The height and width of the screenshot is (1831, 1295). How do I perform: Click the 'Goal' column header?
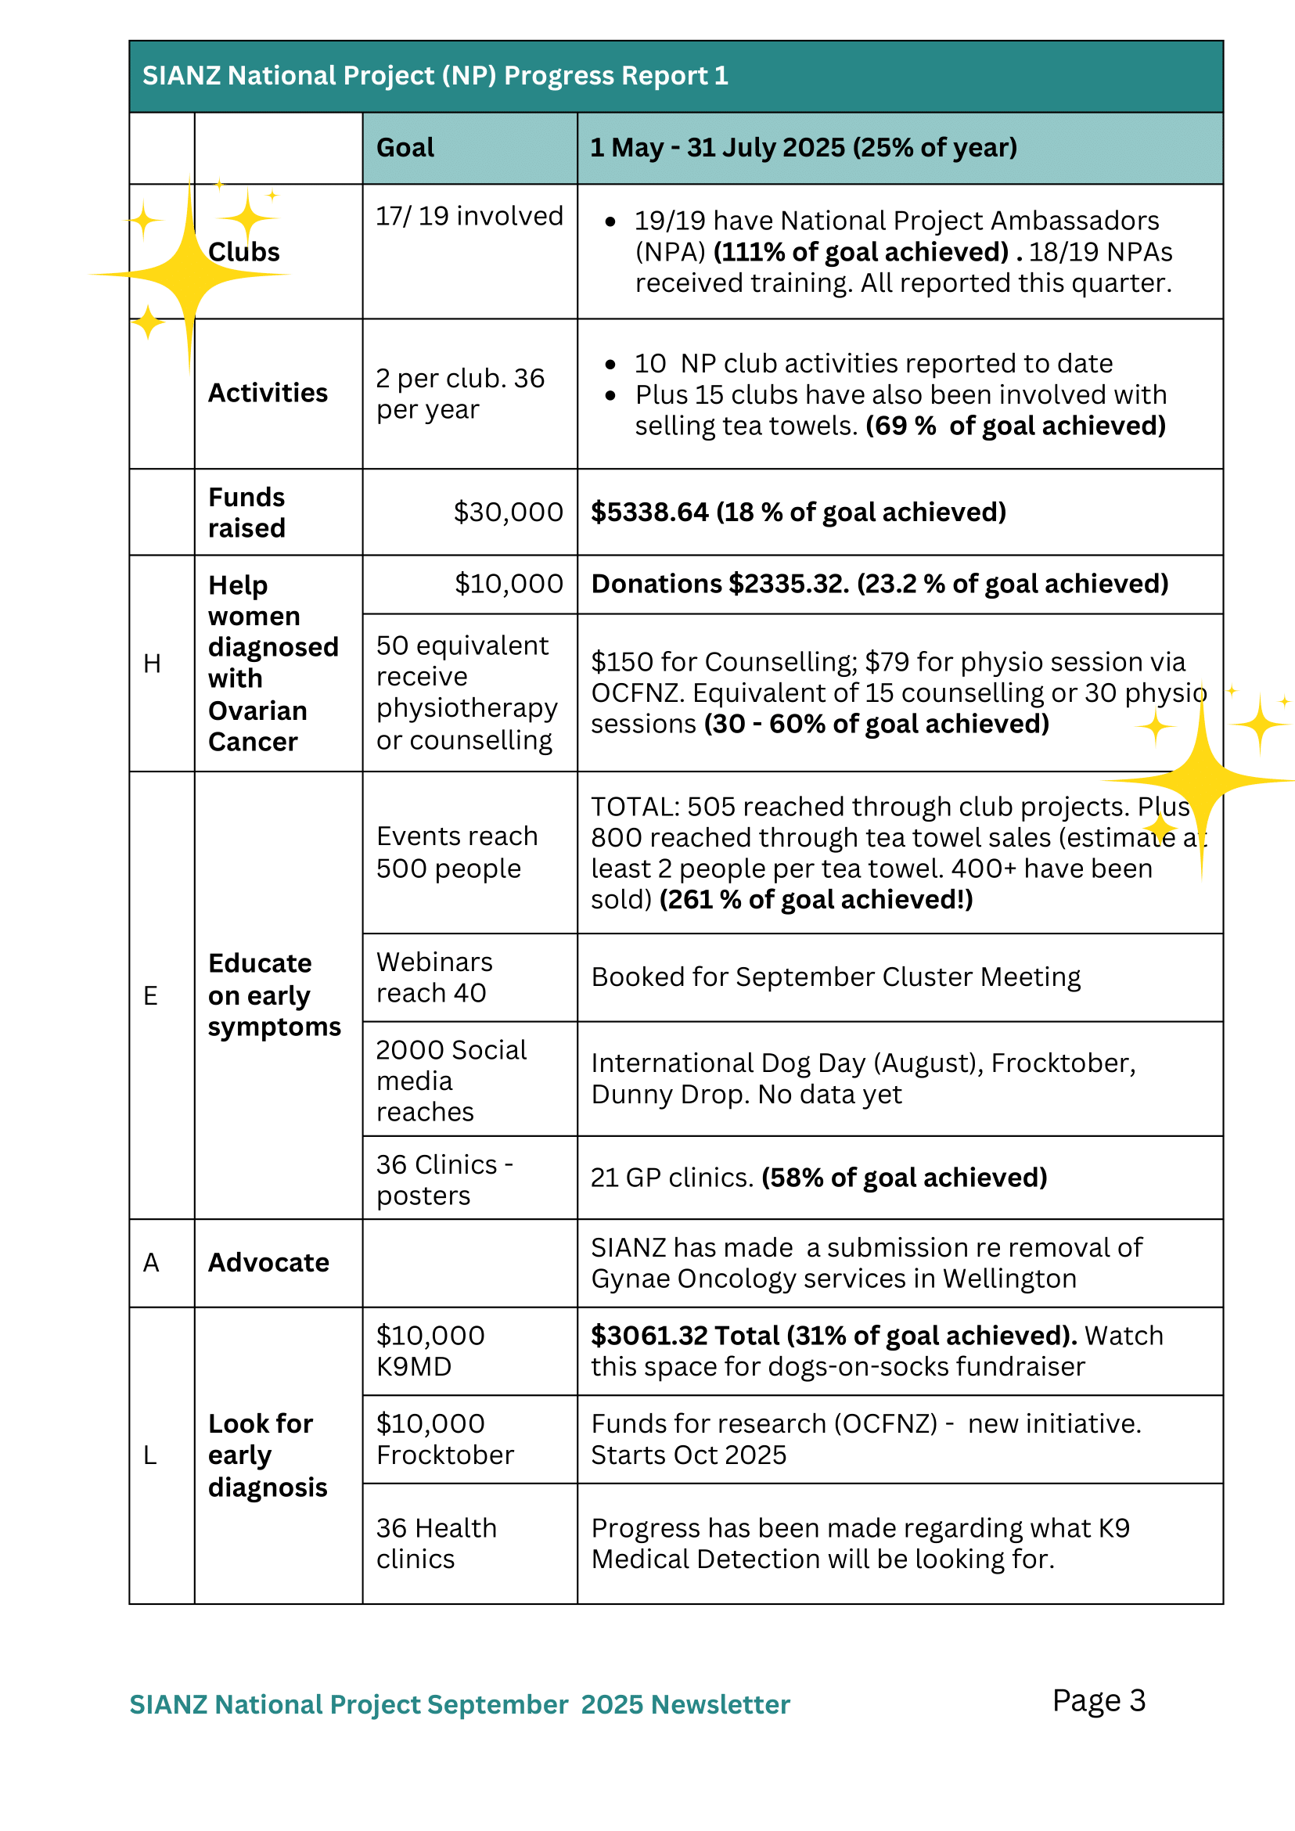tap(405, 148)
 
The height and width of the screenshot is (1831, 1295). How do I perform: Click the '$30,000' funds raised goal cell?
tap(508, 512)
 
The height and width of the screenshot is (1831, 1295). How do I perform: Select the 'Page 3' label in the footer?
tap(1098, 1700)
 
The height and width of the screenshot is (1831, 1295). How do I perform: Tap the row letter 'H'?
tap(152, 664)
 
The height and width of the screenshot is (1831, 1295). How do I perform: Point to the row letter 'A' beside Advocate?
tap(151, 1262)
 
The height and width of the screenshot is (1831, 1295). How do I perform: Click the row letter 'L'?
tap(150, 1455)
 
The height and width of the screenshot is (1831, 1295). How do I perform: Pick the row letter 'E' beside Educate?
tap(150, 995)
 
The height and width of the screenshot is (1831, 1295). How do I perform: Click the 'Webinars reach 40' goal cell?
tap(434, 977)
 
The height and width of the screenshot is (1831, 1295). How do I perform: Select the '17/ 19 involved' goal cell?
tap(469, 216)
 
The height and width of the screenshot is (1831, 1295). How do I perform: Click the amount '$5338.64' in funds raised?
tap(649, 512)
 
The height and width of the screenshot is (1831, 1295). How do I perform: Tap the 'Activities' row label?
tap(268, 393)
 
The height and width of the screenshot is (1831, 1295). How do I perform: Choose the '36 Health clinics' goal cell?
tap(436, 1543)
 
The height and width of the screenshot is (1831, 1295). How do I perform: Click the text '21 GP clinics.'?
tap(672, 1177)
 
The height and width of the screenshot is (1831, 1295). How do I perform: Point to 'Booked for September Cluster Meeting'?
tap(836, 977)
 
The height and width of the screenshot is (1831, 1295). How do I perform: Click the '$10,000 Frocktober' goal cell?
tap(445, 1440)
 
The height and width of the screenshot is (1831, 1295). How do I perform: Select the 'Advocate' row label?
tap(268, 1262)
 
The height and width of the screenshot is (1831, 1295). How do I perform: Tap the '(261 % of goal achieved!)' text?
tap(816, 900)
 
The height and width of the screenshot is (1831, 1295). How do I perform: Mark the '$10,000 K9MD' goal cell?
tap(430, 1351)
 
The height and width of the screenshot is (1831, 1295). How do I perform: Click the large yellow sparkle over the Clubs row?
tap(190, 275)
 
